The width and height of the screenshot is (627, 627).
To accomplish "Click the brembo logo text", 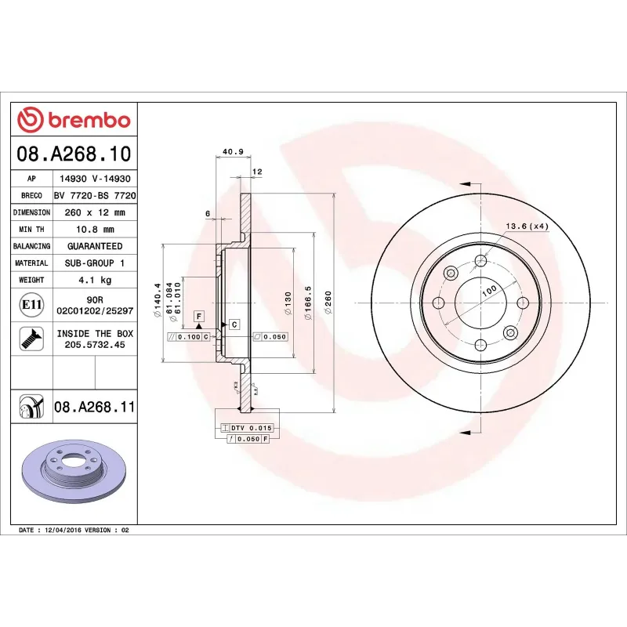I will click(x=89, y=121).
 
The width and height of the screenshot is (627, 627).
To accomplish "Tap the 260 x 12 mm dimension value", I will click(x=94, y=212).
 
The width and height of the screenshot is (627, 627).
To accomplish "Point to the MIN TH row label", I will click(x=31, y=230).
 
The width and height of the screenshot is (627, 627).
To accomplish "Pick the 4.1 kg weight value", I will click(x=94, y=280).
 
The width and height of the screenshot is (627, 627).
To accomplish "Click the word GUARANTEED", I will click(x=94, y=246).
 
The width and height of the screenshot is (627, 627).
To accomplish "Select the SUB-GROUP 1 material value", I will click(x=94, y=263).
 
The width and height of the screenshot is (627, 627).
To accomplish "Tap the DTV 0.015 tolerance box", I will click(x=250, y=427).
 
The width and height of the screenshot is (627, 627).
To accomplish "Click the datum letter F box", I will click(x=199, y=315).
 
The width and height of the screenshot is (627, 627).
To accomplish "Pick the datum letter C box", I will click(x=234, y=324).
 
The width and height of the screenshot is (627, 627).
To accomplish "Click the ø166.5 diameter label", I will click(x=308, y=303).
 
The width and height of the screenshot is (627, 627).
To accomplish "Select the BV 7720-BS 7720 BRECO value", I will click(x=94, y=195).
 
